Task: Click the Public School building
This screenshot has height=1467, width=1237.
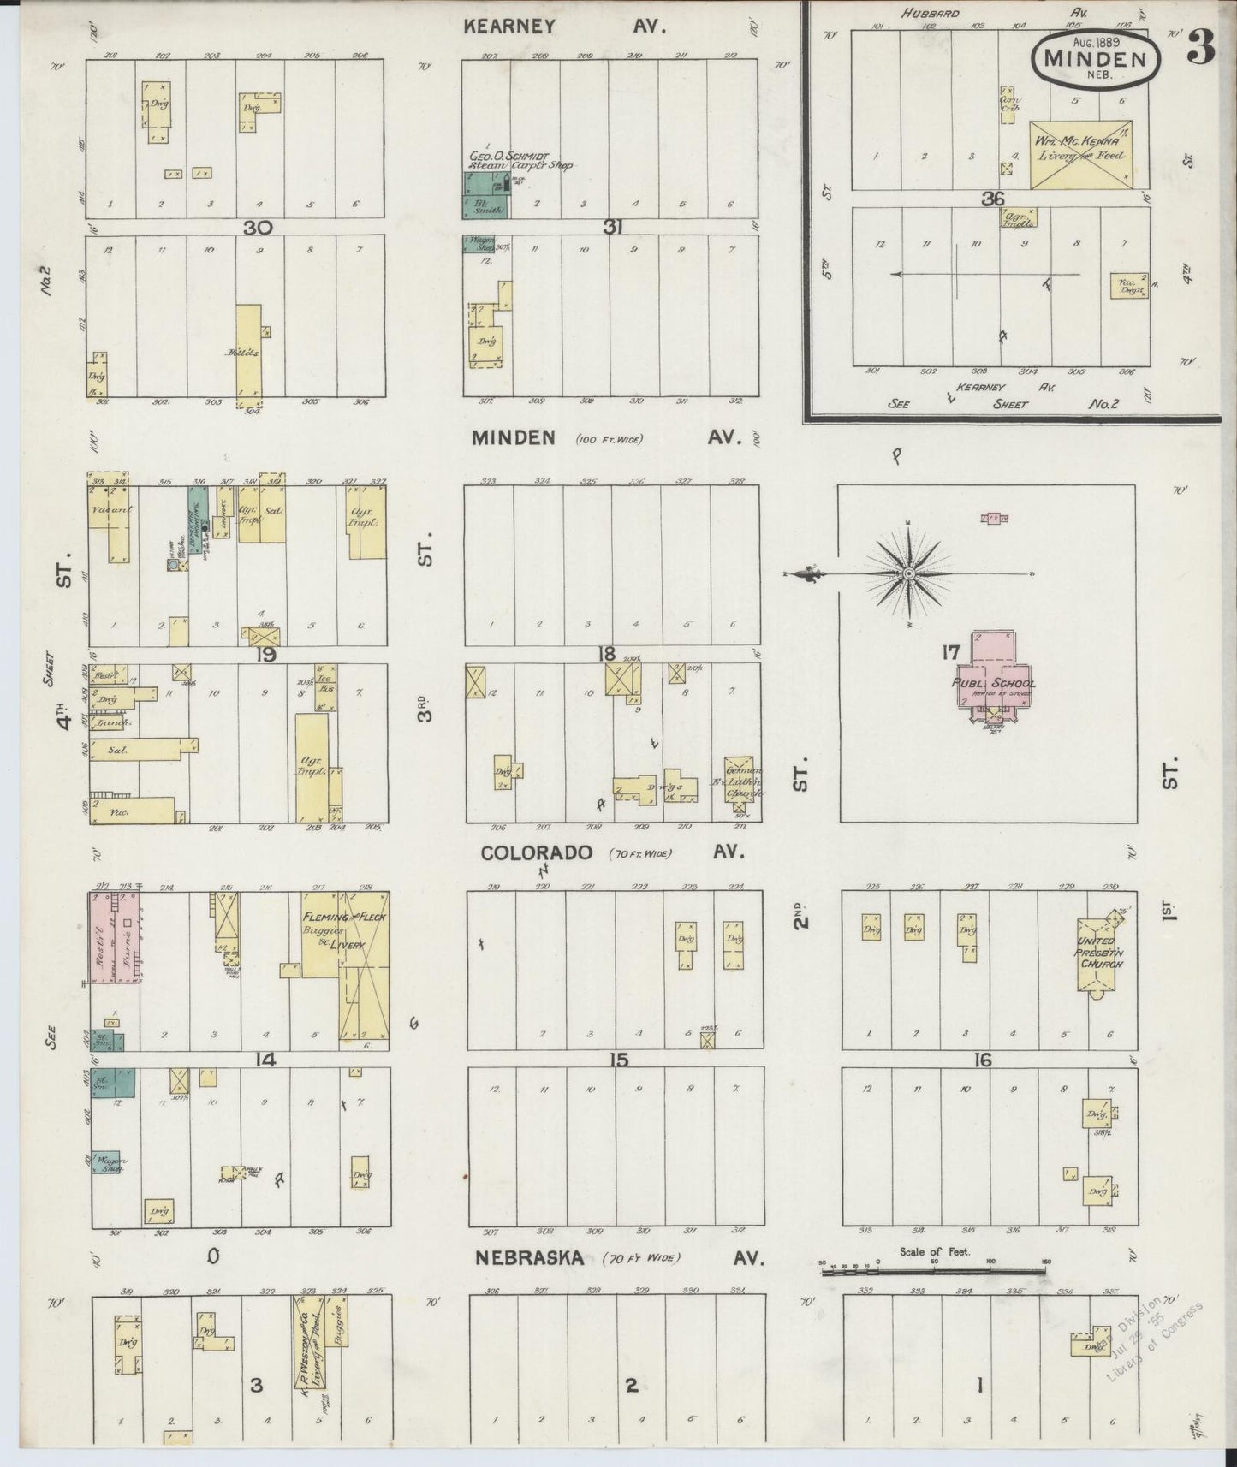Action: point(993,680)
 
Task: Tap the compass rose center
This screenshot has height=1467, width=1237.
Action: point(908,573)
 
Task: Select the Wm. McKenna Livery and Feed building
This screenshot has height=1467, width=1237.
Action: point(1080,154)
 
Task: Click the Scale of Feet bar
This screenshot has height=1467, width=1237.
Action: point(933,1272)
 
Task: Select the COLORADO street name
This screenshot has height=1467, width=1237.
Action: point(536,852)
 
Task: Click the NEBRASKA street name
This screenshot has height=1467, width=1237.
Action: point(530,1257)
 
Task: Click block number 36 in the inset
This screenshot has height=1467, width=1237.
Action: point(992,199)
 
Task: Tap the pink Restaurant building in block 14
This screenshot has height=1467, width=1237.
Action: point(107,936)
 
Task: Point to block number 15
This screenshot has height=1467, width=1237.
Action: point(618,1060)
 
